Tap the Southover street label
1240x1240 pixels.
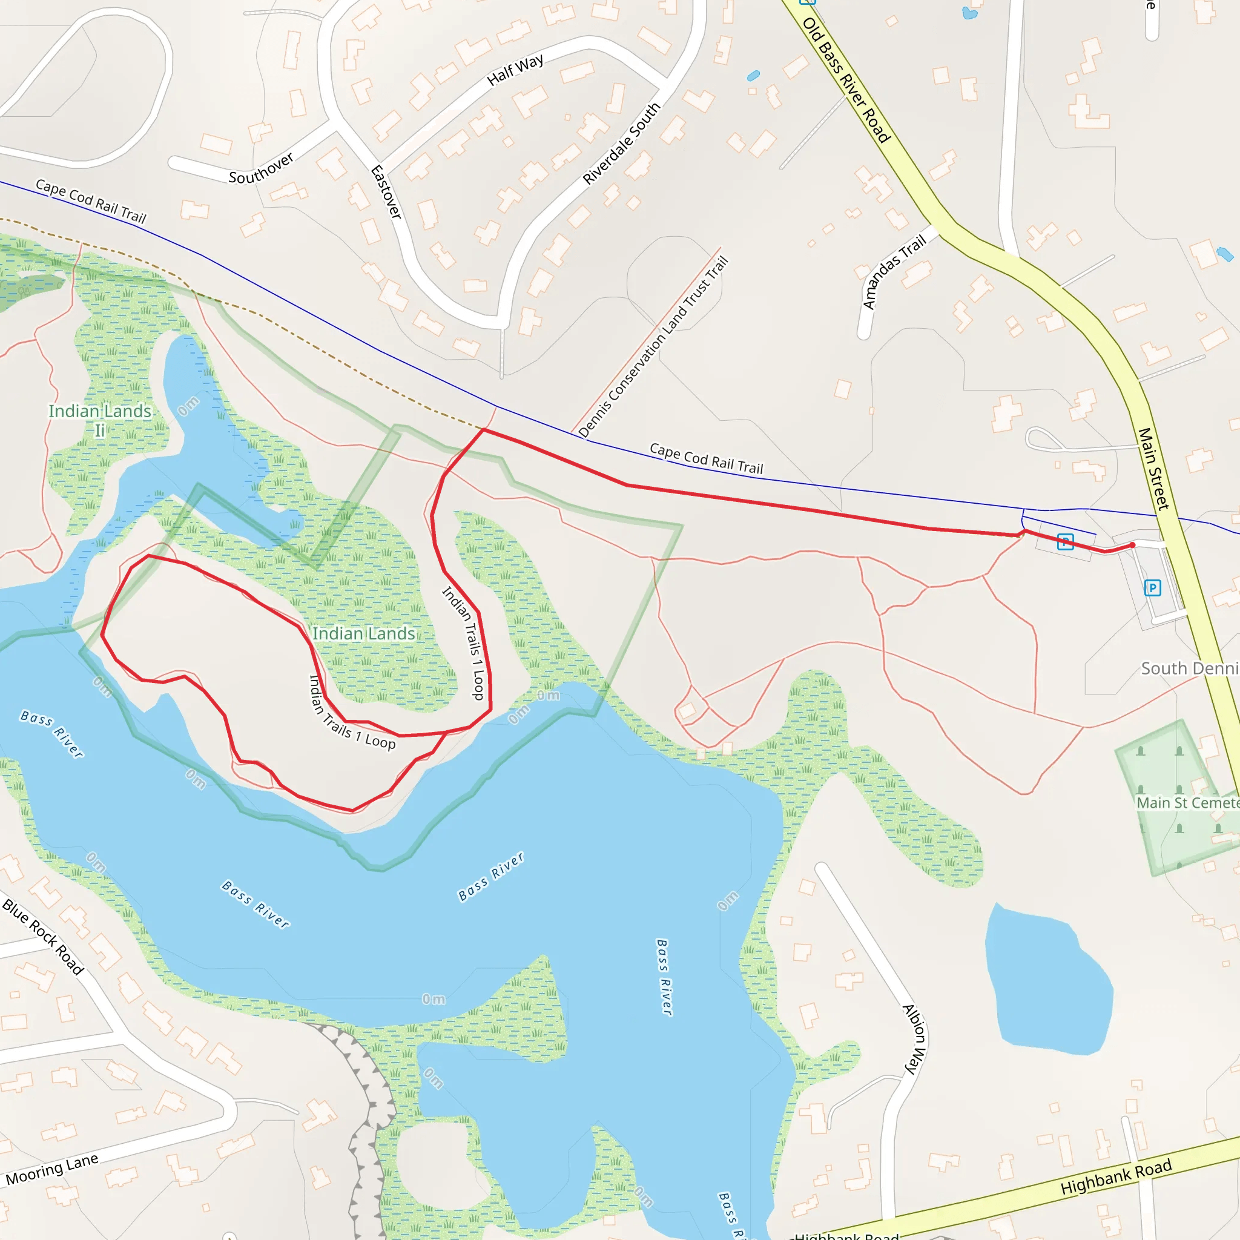point(261,168)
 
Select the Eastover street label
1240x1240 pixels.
point(386,192)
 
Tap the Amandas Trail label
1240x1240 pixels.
point(894,271)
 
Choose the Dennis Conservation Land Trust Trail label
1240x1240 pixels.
point(653,347)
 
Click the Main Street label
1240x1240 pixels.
point(1153,469)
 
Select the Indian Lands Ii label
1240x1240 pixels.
point(100,420)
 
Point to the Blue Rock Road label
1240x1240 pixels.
point(43,937)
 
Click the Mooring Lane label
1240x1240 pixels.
point(52,1169)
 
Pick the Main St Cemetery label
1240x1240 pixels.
point(1187,803)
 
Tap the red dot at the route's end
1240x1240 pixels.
point(1132,545)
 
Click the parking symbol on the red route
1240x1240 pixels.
point(1066,542)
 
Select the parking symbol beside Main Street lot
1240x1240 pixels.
point(1153,587)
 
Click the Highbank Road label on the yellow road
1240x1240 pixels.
point(1116,1177)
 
